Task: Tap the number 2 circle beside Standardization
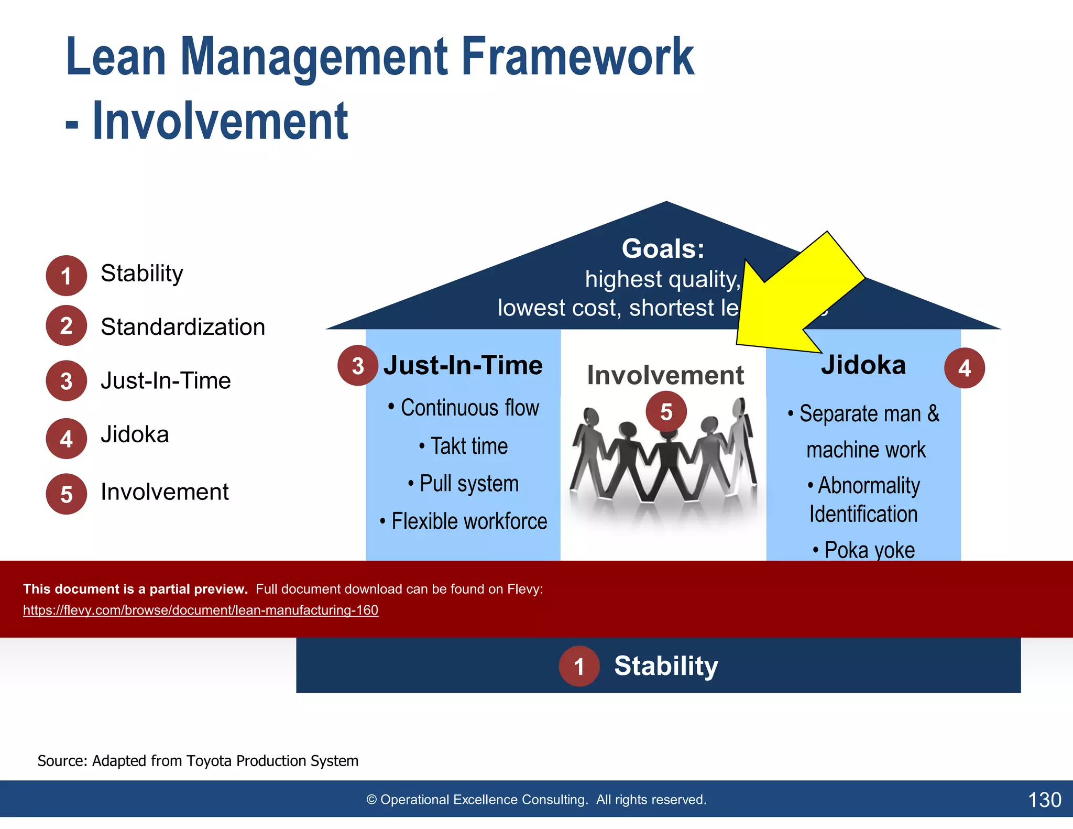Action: point(66,325)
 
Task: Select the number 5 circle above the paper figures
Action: point(666,412)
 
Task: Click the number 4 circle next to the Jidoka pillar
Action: point(964,368)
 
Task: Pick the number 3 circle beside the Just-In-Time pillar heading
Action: point(357,366)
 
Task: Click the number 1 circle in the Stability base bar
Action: point(579,667)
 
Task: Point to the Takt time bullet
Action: point(464,446)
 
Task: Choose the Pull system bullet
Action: point(464,483)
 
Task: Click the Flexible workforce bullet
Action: point(464,521)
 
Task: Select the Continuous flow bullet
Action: point(464,408)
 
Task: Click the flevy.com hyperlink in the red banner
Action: point(201,610)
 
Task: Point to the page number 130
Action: point(1044,800)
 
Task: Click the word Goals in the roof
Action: point(663,248)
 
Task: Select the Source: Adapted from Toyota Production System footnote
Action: point(198,760)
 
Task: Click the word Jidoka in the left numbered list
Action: point(135,434)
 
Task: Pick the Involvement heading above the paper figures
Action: point(665,375)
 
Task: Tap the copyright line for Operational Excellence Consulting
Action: point(536,800)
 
